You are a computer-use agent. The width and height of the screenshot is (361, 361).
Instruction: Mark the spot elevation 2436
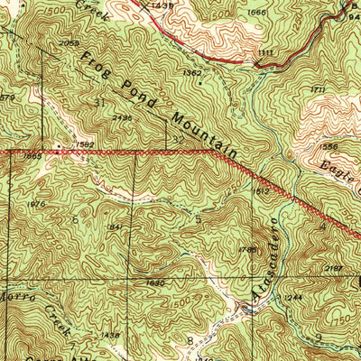123,117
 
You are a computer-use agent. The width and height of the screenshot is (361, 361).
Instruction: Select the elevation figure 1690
156,282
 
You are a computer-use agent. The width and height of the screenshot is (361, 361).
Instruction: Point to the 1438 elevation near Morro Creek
109,335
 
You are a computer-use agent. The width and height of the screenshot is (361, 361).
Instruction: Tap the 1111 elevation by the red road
264,54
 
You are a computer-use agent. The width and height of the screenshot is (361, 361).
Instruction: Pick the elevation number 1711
317,89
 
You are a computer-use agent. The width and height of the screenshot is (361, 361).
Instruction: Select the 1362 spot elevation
190,72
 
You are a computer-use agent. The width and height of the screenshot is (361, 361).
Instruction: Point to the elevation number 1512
263,191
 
